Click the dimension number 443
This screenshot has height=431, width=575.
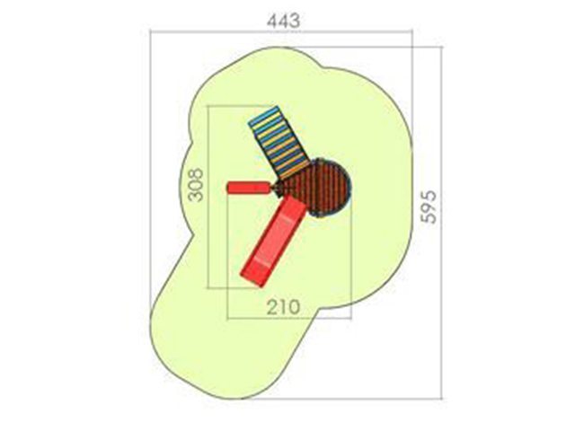tap(283, 21)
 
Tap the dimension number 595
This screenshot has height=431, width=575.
tap(429, 207)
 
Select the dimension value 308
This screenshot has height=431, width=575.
tap(196, 185)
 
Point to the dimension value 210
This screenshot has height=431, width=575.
tap(283, 307)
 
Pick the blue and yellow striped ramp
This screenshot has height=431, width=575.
tap(279, 143)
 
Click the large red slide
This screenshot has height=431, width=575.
tap(273, 241)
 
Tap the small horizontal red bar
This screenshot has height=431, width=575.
tap(250, 188)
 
